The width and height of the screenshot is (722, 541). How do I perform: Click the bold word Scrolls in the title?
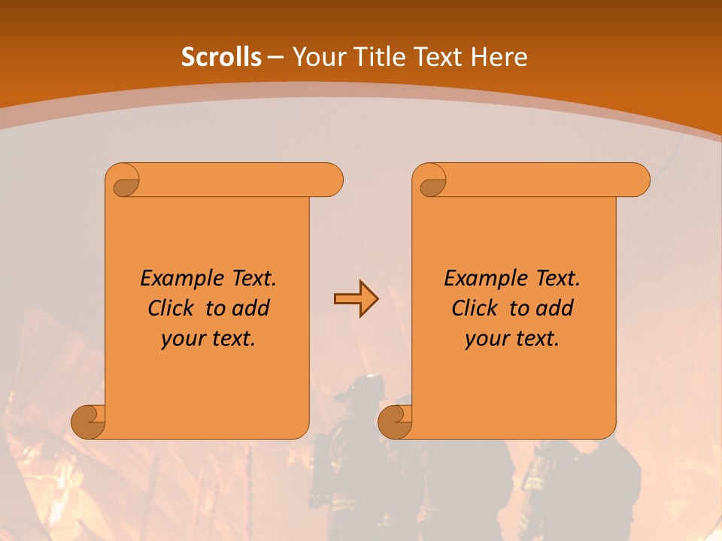(221, 57)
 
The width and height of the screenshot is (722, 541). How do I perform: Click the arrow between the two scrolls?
(356, 299)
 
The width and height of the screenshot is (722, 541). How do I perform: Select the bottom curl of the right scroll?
(396, 421)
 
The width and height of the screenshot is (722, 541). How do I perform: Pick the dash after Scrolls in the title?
(275, 57)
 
